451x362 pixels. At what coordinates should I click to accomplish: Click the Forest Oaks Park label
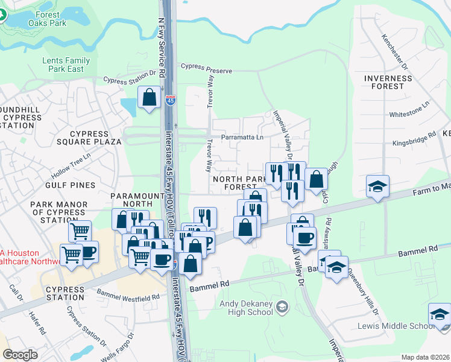43,19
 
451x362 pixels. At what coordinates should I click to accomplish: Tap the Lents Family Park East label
66,65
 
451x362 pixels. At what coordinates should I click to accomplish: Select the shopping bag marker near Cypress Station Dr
149,97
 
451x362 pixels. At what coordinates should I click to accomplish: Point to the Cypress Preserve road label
206,70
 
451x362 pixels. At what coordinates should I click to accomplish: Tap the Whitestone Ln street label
409,109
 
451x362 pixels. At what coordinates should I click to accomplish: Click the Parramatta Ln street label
242,137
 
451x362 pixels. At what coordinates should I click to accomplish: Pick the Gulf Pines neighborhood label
74,185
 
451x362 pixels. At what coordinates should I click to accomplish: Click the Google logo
20,355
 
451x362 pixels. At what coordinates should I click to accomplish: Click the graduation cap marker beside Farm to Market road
377,186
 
